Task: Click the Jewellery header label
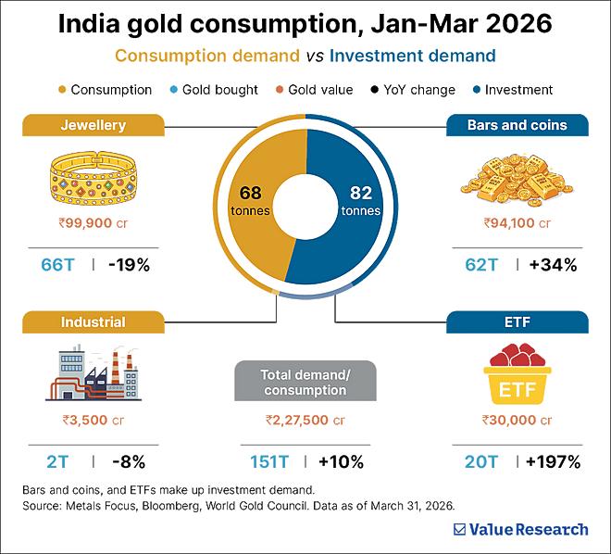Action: coord(94,125)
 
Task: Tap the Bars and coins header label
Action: coord(517,125)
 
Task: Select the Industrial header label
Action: coord(94,322)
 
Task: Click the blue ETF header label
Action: coord(517,322)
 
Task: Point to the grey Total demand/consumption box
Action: coord(305,381)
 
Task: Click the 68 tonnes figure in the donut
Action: coord(250,200)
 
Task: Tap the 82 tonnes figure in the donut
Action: coord(361,200)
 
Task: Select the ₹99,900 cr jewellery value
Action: coord(94,223)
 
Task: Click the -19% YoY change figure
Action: coord(129,265)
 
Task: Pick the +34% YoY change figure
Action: coord(553,265)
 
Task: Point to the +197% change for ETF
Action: coord(554,462)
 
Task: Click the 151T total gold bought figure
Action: coord(268,462)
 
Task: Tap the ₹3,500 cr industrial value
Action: coord(94,420)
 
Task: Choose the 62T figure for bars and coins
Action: coord(481,265)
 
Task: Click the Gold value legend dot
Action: coord(279,90)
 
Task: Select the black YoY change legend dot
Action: coord(375,90)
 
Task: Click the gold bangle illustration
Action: coord(94,178)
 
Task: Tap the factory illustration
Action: coord(94,372)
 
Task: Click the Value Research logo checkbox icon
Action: coord(459,529)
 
